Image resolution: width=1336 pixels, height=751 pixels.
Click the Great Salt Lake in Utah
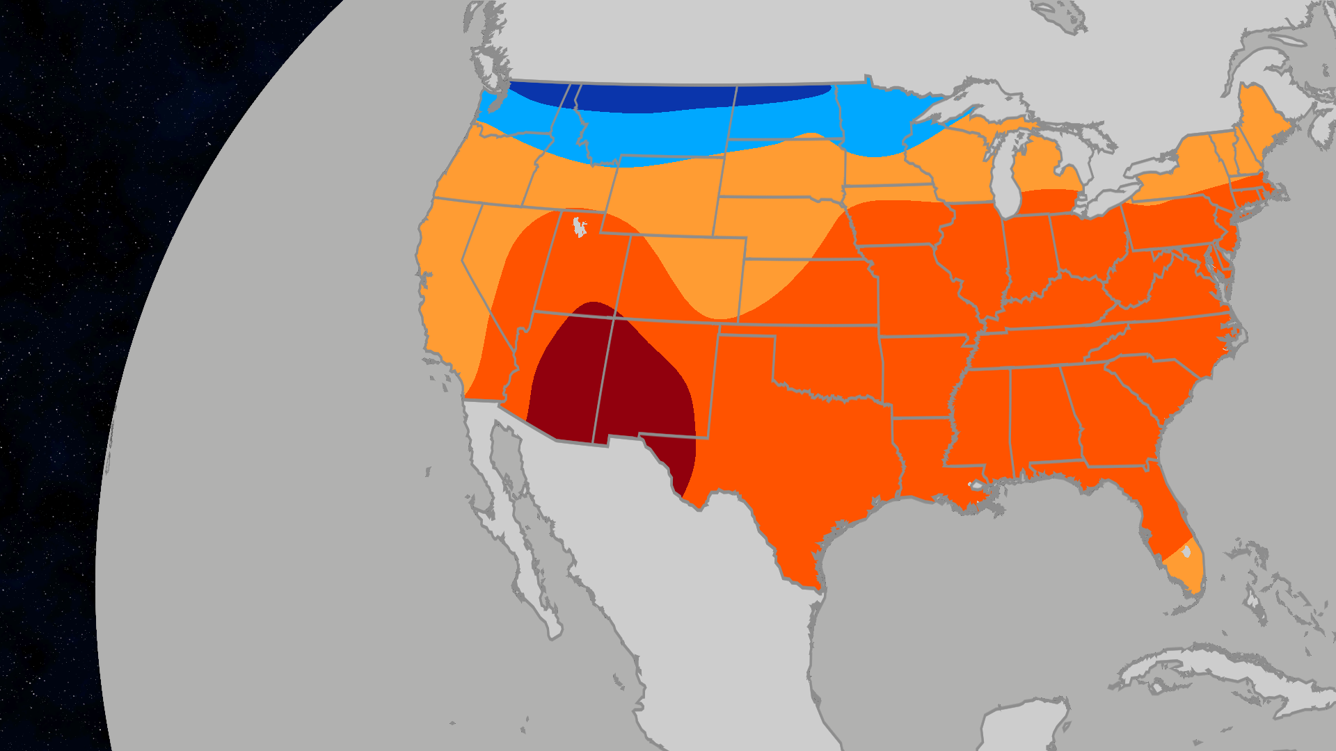(x=578, y=227)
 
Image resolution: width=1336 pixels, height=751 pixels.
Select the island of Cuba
(x=1197, y=671)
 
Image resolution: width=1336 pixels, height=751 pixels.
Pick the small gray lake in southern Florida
(x=1187, y=551)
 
